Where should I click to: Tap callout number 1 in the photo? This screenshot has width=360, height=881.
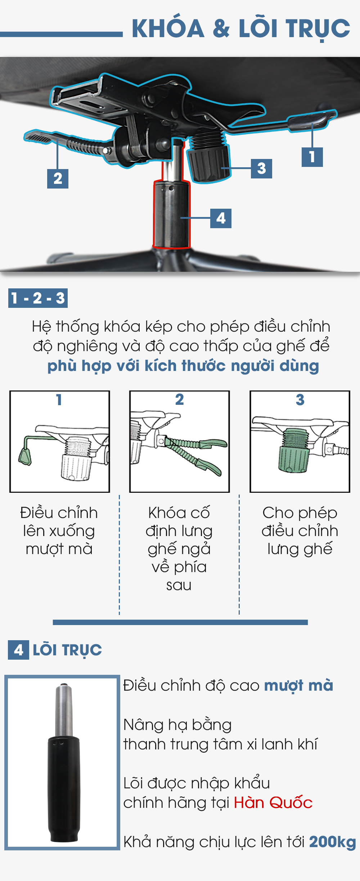(x=312, y=157)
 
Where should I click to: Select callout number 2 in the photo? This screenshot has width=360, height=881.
(x=58, y=178)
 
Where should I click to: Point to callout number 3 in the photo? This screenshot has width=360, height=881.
(x=261, y=168)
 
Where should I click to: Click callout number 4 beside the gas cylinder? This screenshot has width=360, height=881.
(x=221, y=218)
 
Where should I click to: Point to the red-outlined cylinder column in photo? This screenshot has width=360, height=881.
(x=172, y=214)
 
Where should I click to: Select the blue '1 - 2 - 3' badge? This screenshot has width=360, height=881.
(x=38, y=298)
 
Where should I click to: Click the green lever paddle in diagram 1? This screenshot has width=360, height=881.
(x=25, y=456)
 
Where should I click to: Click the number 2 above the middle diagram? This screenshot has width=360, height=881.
(x=179, y=399)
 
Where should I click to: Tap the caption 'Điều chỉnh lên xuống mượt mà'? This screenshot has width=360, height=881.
(x=59, y=531)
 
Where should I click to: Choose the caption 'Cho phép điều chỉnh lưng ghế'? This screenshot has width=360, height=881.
(x=300, y=531)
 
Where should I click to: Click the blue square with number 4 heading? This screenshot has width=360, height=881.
(x=18, y=650)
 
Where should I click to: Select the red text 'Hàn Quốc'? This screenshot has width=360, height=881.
(x=273, y=803)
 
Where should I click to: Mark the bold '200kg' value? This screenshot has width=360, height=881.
(x=332, y=842)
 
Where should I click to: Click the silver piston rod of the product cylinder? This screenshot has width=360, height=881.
(x=64, y=710)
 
